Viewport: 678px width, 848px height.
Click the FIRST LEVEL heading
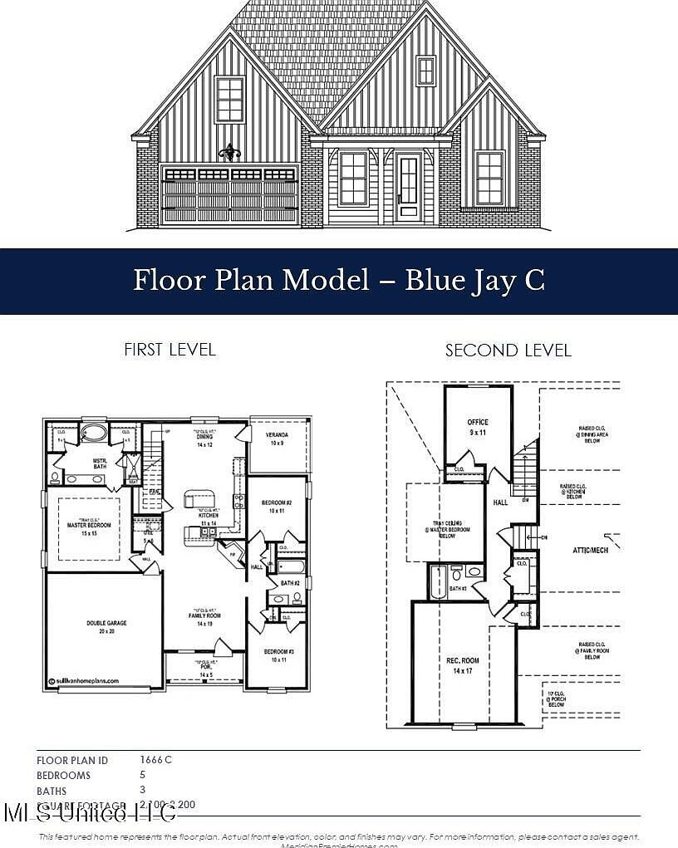point(169,350)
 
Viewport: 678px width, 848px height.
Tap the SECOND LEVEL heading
point(508,350)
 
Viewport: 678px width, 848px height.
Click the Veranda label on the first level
point(277,439)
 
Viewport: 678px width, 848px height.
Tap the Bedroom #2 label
point(277,507)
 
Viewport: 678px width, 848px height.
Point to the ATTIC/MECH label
point(591,550)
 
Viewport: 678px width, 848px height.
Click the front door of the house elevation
point(408,188)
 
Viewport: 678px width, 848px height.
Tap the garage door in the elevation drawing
point(229,196)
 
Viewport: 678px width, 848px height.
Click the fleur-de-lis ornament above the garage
point(229,152)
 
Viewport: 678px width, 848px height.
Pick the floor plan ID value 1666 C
point(156,759)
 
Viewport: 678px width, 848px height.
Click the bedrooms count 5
point(143,775)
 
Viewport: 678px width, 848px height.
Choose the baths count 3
point(143,791)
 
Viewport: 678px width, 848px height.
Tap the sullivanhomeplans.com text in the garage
point(88,681)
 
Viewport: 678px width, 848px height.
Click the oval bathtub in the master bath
point(93,433)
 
